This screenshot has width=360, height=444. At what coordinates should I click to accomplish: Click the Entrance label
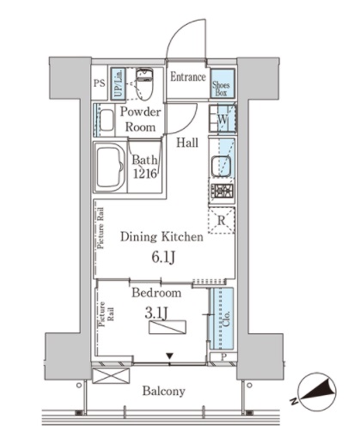coord(187,77)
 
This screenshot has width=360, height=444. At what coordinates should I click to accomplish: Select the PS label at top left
coord(98,84)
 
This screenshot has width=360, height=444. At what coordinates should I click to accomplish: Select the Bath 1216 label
coord(144,164)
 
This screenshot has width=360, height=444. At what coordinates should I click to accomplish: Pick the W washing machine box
coord(222,121)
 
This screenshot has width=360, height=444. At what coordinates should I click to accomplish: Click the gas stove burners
coord(222,191)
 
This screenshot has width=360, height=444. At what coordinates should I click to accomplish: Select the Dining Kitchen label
coord(162,237)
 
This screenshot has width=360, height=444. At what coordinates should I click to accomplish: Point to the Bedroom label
coord(156,293)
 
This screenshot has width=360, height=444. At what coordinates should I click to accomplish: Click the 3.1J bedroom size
coord(156,313)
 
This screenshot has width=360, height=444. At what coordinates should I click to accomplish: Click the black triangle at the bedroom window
coord(170,356)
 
